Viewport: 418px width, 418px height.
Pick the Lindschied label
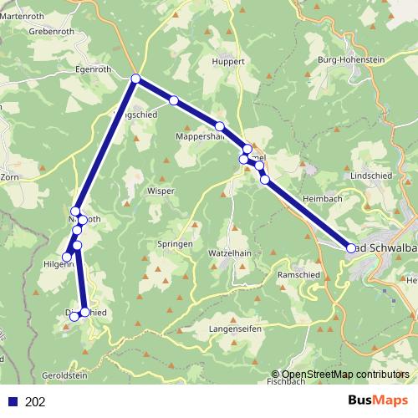[370, 176]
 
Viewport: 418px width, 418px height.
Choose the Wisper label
[161, 191]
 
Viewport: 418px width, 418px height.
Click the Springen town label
[175, 244]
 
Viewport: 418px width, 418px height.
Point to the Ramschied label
[297, 274]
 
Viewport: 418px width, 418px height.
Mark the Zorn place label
[9, 178]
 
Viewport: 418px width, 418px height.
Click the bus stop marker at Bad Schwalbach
[351, 247]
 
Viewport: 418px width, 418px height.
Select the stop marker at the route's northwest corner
[135, 79]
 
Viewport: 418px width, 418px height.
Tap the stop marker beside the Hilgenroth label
[67, 257]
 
